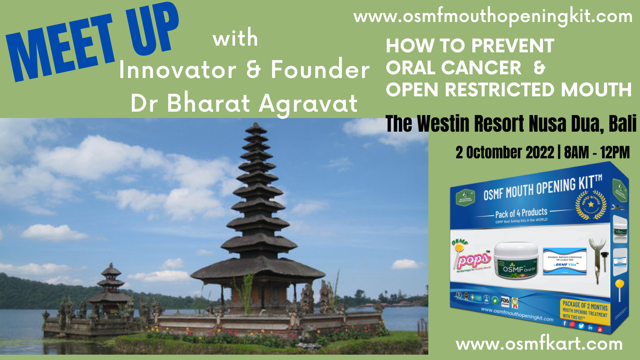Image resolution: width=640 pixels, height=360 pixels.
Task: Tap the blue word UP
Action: click(x=152, y=30)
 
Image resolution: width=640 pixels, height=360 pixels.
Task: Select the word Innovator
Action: click(x=177, y=70)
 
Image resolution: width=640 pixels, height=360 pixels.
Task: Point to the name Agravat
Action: click(x=308, y=103)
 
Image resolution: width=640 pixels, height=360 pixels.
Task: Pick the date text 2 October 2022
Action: click(x=505, y=153)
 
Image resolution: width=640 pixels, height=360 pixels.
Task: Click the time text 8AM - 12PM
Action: click(x=597, y=153)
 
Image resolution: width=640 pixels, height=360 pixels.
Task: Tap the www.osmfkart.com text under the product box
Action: click(x=539, y=344)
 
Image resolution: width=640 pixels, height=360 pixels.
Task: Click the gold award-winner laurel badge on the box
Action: click(x=591, y=204)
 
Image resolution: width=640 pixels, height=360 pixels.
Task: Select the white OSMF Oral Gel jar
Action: click(x=516, y=261)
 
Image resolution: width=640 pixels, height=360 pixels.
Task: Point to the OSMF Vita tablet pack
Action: click(x=565, y=261)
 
